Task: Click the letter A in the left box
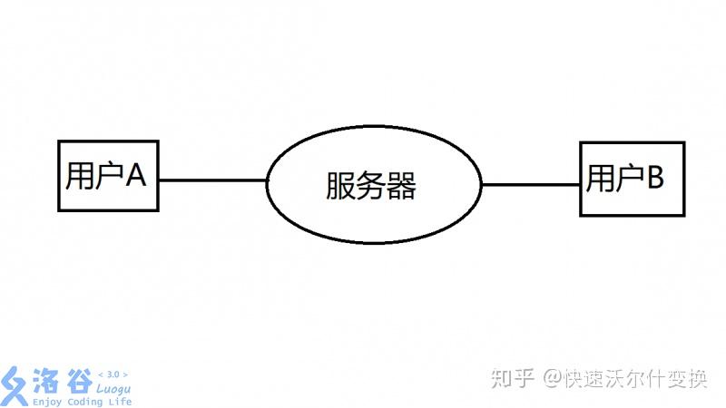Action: click(x=135, y=176)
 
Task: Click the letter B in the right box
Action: click(x=653, y=177)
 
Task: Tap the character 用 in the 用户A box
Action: click(x=79, y=176)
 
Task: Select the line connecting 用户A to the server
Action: click(x=212, y=180)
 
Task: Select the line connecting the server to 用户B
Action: click(x=530, y=184)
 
